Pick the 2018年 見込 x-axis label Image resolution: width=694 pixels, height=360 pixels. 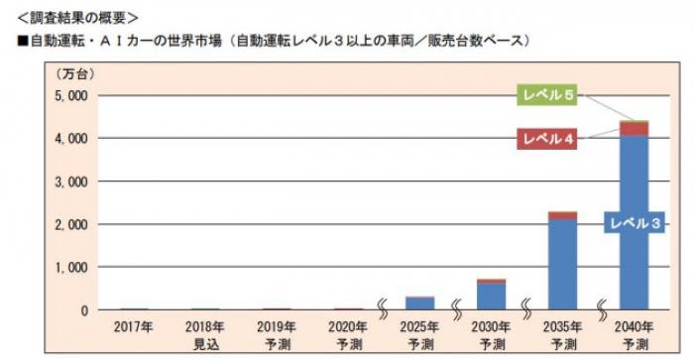point(204,334)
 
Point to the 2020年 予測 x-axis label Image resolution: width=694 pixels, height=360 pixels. point(349,334)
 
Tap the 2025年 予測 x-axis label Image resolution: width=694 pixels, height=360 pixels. point(420,334)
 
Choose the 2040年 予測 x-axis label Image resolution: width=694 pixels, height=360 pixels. point(634,334)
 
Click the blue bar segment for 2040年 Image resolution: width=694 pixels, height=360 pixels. point(634,268)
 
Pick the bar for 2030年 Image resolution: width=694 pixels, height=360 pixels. point(491,296)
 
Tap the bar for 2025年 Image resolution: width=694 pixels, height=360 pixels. point(420,303)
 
